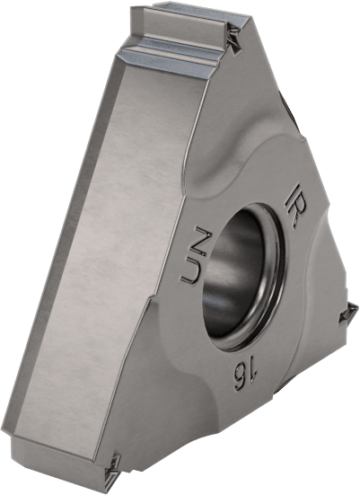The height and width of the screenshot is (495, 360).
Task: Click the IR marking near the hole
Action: coord(295,205)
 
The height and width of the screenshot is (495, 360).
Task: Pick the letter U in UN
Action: coord(190,272)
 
